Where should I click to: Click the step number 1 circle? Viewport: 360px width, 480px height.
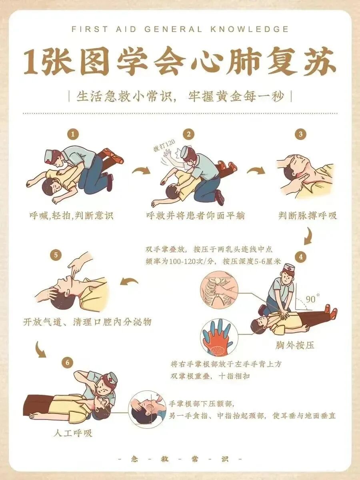pos(73,134)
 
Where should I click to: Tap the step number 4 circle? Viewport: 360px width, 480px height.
pos(301,257)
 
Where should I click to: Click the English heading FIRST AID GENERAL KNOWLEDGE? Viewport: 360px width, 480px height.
pos(180,29)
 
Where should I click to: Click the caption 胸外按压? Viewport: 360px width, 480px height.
pos(294,346)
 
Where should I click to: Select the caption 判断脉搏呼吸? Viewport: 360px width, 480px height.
pos(308,216)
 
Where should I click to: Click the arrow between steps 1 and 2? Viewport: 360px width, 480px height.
pos(142,170)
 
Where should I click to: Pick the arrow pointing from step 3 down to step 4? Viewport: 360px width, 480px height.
pos(309,236)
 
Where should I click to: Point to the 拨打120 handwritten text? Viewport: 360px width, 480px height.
pos(164,146)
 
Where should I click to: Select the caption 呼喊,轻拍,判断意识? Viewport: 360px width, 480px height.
pos(72,216)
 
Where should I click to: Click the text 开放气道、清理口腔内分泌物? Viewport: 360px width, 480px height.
pos(87,322)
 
